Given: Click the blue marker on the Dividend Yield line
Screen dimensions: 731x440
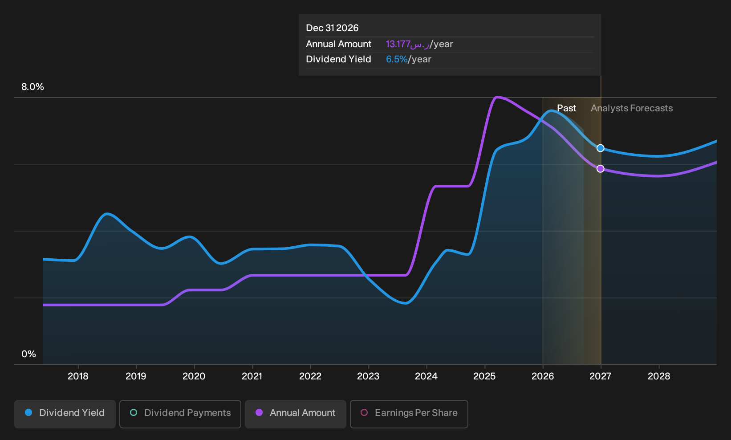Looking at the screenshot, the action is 601,148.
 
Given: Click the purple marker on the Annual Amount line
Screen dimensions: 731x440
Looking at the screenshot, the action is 601,169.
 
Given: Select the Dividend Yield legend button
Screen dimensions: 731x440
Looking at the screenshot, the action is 65,414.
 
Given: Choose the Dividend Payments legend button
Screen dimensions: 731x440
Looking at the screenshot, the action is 180,414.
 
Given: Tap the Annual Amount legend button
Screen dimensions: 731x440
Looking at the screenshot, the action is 295,414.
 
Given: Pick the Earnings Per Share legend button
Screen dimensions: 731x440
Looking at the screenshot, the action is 409,414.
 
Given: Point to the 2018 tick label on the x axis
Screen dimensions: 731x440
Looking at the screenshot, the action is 78,376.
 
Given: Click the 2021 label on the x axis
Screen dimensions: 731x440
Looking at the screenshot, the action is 252,376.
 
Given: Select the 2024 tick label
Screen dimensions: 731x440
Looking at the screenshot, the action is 426,376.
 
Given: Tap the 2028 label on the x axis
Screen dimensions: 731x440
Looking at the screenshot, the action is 659,376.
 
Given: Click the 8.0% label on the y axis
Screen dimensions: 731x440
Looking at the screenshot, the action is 32,87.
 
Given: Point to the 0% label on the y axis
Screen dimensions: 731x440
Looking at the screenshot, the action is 29,354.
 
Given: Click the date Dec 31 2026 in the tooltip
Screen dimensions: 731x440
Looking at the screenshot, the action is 332,28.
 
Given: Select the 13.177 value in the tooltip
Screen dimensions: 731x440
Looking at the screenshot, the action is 398,44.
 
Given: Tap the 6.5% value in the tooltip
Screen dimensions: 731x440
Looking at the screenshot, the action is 397,59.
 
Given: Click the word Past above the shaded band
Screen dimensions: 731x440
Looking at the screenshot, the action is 567,108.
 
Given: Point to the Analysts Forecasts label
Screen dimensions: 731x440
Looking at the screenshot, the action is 632,108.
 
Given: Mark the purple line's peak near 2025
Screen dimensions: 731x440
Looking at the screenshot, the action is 497,97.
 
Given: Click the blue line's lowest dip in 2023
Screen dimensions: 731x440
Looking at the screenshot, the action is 405,303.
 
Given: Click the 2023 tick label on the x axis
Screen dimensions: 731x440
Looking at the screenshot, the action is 368,376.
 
